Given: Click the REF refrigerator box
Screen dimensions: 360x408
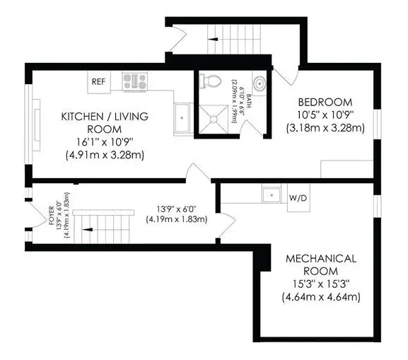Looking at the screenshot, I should [98, 81].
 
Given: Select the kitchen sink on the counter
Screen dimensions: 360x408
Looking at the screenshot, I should [182, 113].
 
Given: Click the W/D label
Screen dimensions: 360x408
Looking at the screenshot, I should [298, 198].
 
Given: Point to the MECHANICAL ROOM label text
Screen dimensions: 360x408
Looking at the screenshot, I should [322, 265].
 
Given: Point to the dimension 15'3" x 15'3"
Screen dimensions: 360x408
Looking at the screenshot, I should [322, 284].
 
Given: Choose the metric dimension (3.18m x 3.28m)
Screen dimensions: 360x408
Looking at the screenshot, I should [323, 128].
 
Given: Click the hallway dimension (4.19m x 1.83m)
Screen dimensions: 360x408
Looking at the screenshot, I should [177, 219].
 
